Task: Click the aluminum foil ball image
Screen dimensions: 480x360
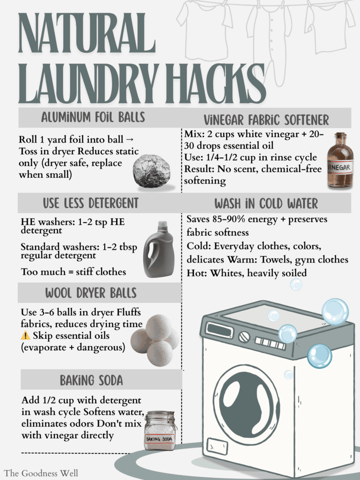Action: (151, 172)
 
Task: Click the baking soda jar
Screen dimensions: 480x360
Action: (160, 431)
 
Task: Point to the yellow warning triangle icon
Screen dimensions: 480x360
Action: (25, 336)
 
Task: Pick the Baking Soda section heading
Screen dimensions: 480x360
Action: (91, 380)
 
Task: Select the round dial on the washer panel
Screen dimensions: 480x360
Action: (244, 337)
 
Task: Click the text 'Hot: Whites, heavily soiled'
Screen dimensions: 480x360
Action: (247, 272)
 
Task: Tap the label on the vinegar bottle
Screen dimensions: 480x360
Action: (340, 166)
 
